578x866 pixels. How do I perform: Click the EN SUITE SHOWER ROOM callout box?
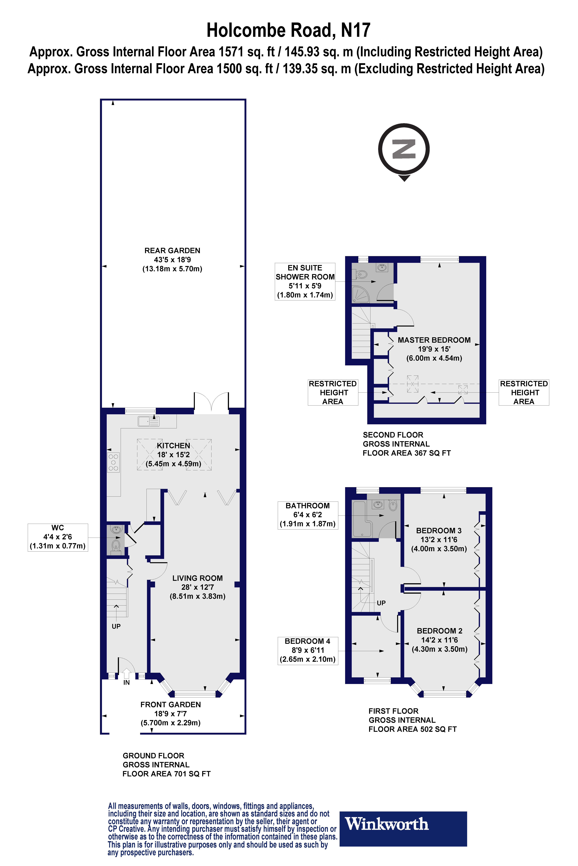tap(305, 281)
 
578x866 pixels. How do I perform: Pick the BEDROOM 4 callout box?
tap(307, 650)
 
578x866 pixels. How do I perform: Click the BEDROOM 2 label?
tap(439, 640)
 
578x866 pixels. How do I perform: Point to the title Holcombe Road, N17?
tap(288, 31)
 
